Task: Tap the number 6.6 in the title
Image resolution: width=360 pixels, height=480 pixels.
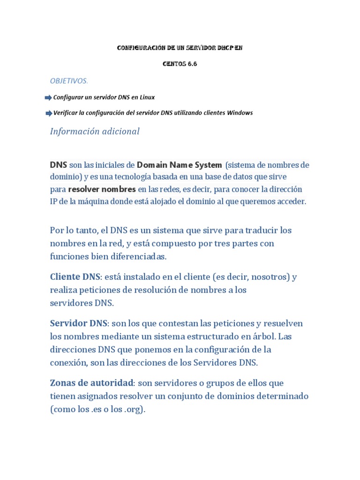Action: (x=192, y=64)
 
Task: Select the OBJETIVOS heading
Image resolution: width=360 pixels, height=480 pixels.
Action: (x=68, y=81)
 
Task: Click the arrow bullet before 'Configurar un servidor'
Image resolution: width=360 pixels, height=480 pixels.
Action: (x=48, y=97)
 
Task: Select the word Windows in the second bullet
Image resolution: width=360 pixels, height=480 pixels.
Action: (x=240, y=113)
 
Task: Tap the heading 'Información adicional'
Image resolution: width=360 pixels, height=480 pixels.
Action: (x=95, y=131)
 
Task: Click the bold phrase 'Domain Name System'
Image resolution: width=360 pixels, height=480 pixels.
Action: (x=179, y=165)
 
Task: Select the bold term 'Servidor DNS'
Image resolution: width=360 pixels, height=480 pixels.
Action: (x=78, y=323)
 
